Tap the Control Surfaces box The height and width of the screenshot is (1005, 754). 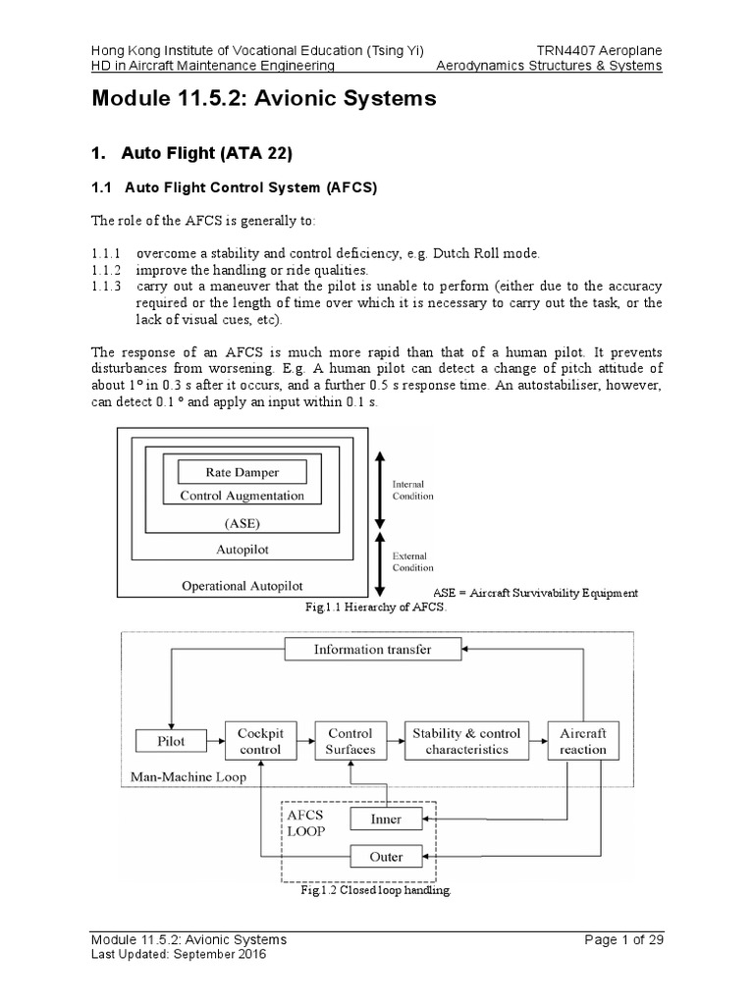coord(350,741)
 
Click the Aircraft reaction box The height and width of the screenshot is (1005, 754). coord(583,741)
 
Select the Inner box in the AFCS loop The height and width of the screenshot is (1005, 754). coord(386,819)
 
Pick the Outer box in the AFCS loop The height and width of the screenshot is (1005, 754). coord(386,856)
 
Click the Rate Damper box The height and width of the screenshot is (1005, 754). coord(242,472)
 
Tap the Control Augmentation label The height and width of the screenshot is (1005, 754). coord(242,496)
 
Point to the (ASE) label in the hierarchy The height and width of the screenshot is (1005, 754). coord(242,522)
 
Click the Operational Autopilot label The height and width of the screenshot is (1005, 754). coord(242,586)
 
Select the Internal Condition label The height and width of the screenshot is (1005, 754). coord(412,490)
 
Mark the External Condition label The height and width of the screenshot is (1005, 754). coord(412,560)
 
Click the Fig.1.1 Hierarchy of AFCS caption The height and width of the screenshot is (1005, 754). coord(376,608)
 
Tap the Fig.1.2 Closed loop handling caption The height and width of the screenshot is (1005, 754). coord(376,892)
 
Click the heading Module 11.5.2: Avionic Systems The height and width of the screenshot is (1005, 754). coord(263,99)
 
